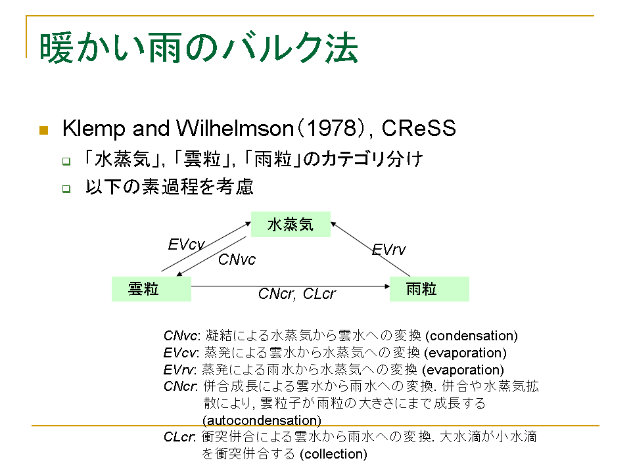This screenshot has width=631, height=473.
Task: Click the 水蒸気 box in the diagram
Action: point(291,224)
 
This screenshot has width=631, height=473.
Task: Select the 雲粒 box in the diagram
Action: point(151,289)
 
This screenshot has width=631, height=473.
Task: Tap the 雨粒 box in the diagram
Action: point(429,289)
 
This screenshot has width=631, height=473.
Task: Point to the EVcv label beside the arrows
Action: point(186,244)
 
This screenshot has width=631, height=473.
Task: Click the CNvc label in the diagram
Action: point(237,259)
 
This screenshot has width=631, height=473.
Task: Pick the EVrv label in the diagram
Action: point(388,250)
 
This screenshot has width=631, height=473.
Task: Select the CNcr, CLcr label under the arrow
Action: point(296,294)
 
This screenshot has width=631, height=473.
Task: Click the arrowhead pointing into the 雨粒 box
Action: point(387,286)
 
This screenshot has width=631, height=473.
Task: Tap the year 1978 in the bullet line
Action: point(332,128)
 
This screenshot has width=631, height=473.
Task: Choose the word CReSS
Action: point(419,128)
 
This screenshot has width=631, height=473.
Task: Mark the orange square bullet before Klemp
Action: point(44,130)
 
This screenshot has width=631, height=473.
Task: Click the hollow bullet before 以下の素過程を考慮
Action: point(66,189)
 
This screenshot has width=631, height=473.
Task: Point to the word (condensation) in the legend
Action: point(471,336)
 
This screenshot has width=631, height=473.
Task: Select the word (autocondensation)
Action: point(262,420)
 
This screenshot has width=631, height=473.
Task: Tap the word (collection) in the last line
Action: point(334,454)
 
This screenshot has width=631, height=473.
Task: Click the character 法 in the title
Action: point(342,48)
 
